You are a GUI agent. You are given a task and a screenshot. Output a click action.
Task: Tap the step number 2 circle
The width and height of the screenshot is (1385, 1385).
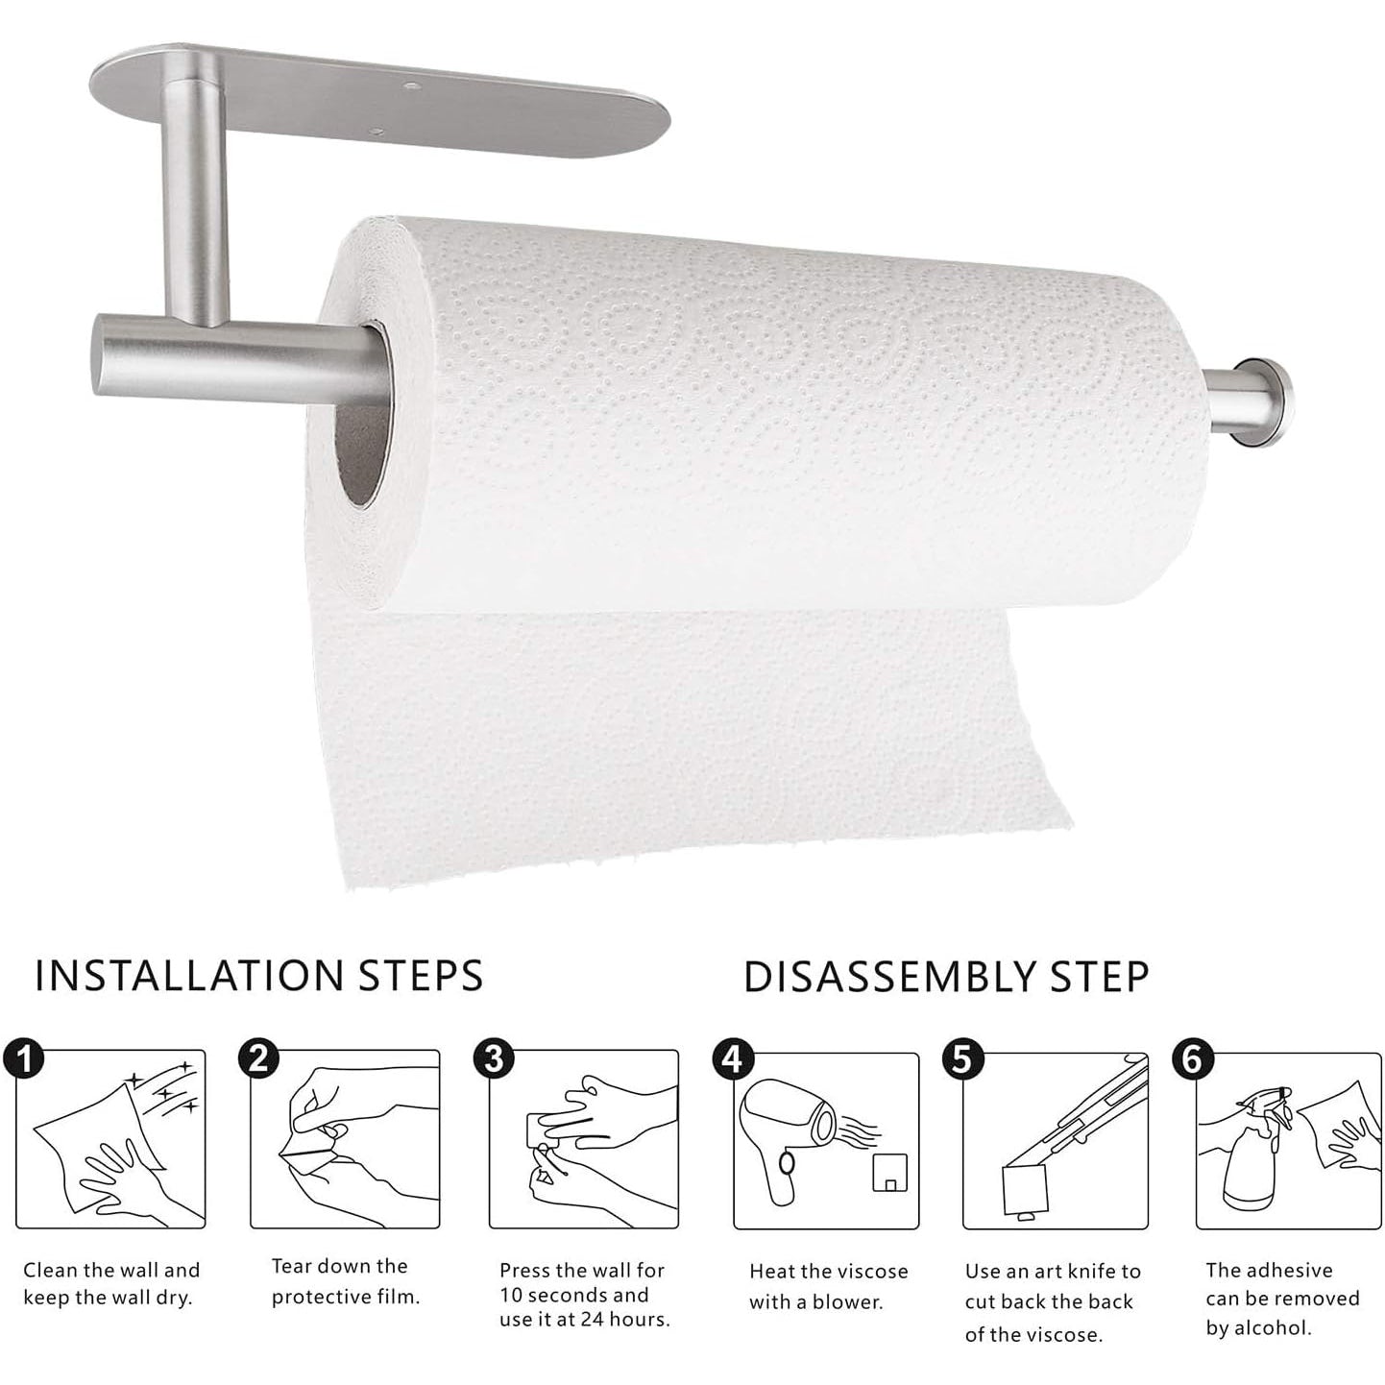(258, 1058)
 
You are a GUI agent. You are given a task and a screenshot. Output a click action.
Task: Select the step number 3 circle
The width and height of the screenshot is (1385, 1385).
(494, 1059)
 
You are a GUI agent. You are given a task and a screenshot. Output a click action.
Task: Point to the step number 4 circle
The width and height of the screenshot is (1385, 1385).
(733, 1060)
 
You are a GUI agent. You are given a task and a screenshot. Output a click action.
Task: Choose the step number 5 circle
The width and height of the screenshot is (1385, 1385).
(962, 1060)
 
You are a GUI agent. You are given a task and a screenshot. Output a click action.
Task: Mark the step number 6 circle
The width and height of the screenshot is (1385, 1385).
(1192, 1060)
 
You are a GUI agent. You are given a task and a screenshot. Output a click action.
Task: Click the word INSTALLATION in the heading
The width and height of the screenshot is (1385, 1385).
(189, 976)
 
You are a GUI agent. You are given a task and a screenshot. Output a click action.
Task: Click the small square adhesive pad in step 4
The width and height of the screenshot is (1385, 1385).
(889, 1172)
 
